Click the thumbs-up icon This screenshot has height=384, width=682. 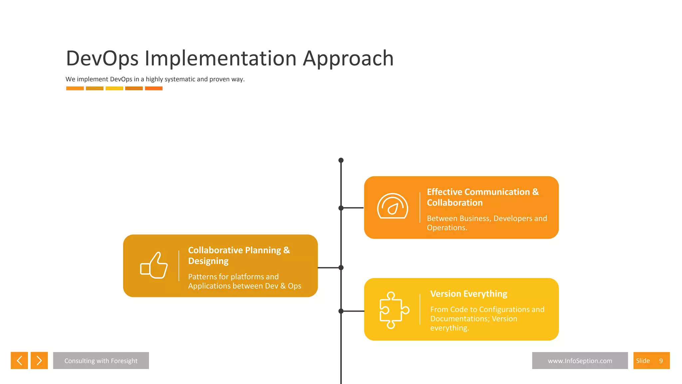pos(154,265)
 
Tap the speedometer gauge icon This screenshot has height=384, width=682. pos(393,206)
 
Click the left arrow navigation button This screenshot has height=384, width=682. pos(19,360)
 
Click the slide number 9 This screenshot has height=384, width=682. pos(661,361)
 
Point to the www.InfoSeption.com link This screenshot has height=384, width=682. pos(580,361)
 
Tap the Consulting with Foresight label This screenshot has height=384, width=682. pos(101,361)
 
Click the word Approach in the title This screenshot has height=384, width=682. pos(348,58)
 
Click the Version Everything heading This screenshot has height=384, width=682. pos(469,294)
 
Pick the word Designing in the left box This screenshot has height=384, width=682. pos(208,261)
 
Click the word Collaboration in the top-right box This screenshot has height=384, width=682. pos(455,203)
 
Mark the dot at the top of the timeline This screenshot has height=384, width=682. pos(341,160)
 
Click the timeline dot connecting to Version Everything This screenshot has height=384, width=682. pos(341,311)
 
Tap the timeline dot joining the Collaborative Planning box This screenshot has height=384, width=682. pos(341,268)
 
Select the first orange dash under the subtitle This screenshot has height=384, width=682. pos(75,88)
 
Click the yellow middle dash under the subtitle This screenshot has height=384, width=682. pos(114,88)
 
